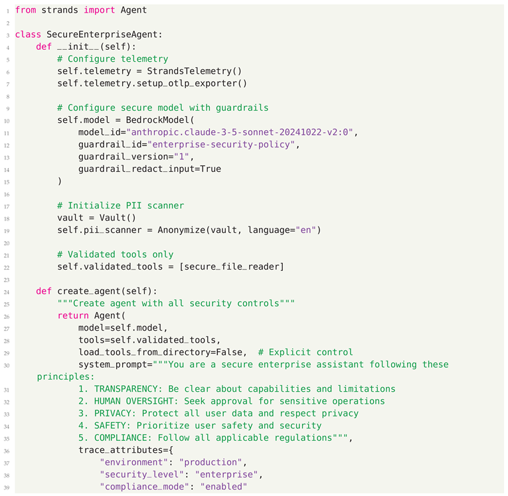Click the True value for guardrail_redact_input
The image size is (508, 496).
coord(210,169)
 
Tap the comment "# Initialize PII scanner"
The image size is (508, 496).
coord(120,205)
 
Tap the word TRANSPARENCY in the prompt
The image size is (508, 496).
coord(126,388)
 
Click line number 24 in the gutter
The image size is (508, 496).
coord(7,291)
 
